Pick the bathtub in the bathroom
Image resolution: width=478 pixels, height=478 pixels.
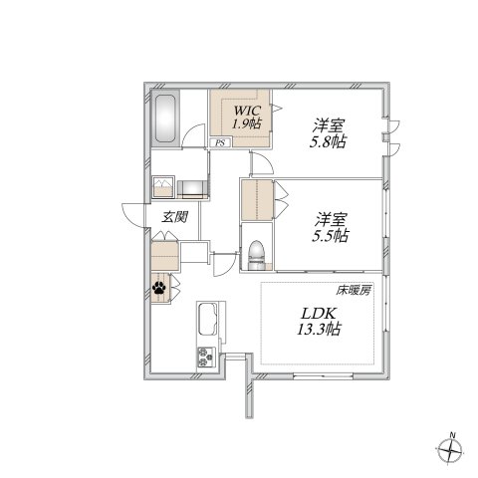[165, 121]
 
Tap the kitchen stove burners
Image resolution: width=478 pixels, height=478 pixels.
[207, 357]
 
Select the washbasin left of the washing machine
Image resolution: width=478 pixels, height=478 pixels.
[163, 187]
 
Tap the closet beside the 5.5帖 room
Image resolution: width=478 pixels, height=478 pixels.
[256, 200]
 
